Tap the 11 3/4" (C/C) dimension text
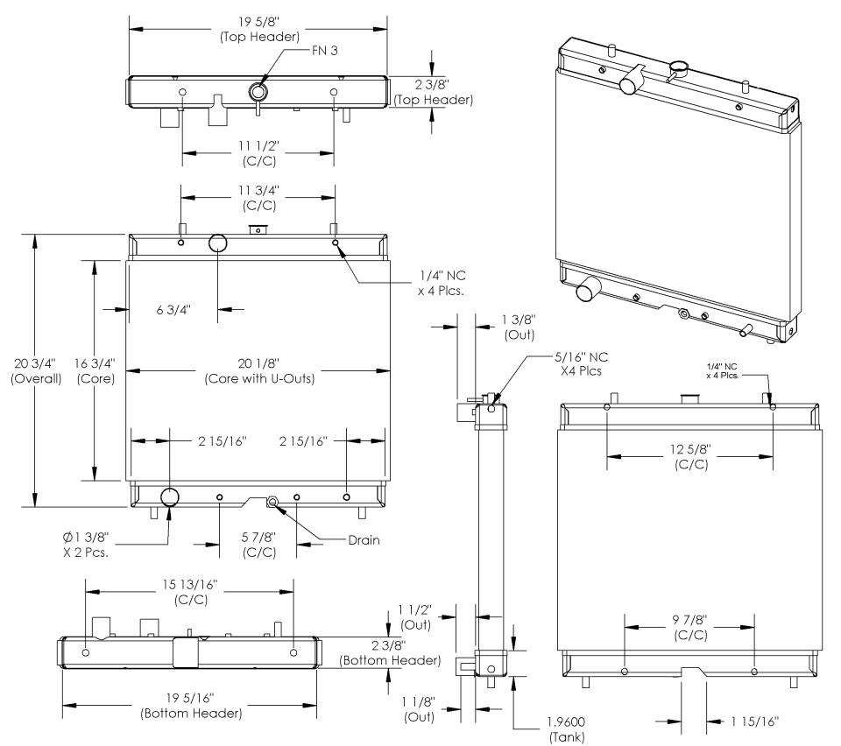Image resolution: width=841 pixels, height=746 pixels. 258,199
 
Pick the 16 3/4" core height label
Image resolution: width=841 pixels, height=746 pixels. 95,371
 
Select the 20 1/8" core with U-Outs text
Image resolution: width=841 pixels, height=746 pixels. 258,371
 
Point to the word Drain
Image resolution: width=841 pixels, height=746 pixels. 363,540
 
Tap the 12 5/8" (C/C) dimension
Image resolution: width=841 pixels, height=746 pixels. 690,456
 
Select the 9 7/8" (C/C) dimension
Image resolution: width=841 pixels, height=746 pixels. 690,627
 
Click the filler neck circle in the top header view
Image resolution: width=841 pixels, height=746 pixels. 258,90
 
